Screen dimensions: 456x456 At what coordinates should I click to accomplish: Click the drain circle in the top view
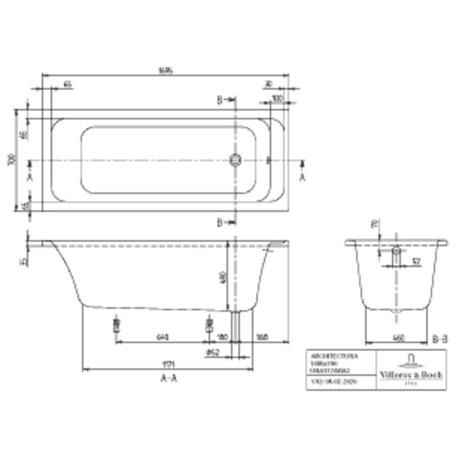point(236,160)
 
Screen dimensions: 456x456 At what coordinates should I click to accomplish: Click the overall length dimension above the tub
point(166,71)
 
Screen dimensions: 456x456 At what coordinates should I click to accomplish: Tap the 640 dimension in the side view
point(162,337)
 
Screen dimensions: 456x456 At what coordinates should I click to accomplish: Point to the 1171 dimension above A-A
point(168,364)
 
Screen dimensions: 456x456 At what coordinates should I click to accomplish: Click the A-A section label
point(168,378)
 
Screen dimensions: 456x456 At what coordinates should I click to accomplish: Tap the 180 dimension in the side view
point(221,337)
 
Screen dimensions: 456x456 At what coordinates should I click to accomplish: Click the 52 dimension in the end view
point(415,262)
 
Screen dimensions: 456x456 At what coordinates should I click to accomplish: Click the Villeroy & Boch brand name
point(411,374)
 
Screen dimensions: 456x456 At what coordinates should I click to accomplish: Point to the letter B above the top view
point(220,100)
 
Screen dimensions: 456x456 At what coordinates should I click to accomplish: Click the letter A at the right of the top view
point(302,177)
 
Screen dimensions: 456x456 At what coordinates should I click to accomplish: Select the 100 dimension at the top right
point(277,98)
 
